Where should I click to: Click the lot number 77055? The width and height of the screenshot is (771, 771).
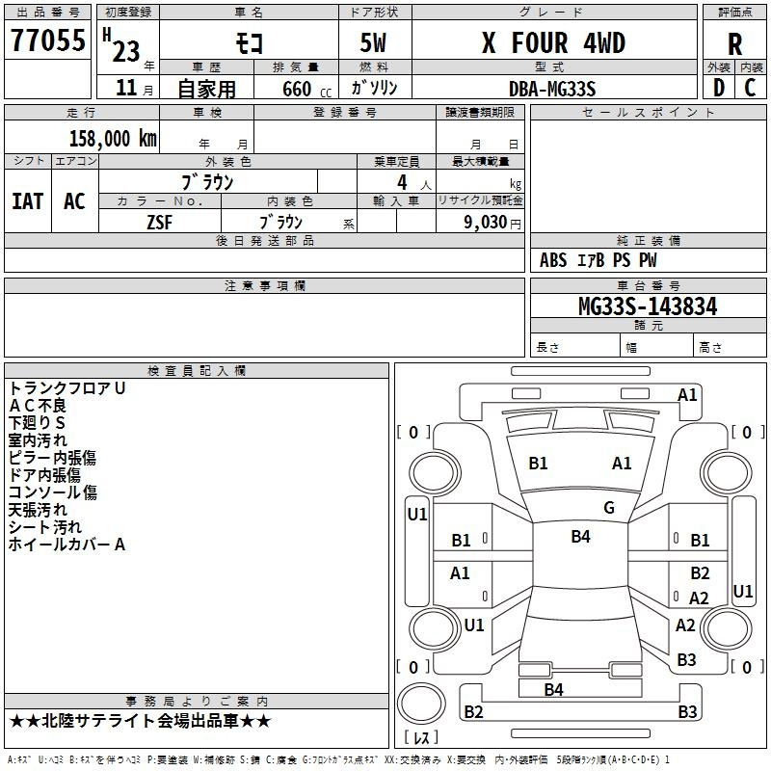point(48,40)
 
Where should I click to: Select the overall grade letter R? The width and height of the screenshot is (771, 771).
point(734,44)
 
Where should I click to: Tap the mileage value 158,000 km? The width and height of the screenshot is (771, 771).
point(113,139)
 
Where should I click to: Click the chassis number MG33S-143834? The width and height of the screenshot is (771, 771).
point(648,306)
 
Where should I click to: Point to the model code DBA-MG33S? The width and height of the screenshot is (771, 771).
point(552,89)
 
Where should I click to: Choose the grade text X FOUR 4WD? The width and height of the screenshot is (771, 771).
point(553,42)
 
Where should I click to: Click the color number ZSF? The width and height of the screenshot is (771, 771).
point(160,223)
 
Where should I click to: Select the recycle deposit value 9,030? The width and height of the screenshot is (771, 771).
point(486,223)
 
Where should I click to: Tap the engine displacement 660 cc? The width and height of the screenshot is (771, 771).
point(306,89)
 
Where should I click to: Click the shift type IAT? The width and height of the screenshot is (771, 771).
point(28,201)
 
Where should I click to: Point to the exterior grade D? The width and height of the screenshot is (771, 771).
point(719,88)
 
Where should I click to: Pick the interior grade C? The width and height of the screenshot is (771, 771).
point(750,88)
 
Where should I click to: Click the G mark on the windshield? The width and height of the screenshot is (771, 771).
point(609,508)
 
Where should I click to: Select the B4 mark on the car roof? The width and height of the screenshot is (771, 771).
point(581,537)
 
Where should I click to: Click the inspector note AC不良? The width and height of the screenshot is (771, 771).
point(38,406)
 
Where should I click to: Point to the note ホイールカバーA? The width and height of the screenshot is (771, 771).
point(66,545)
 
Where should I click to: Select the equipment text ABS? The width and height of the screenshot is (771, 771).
point(553,260)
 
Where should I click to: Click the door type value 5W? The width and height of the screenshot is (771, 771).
point(373,42)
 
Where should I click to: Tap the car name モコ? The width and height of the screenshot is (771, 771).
point(249,43)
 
